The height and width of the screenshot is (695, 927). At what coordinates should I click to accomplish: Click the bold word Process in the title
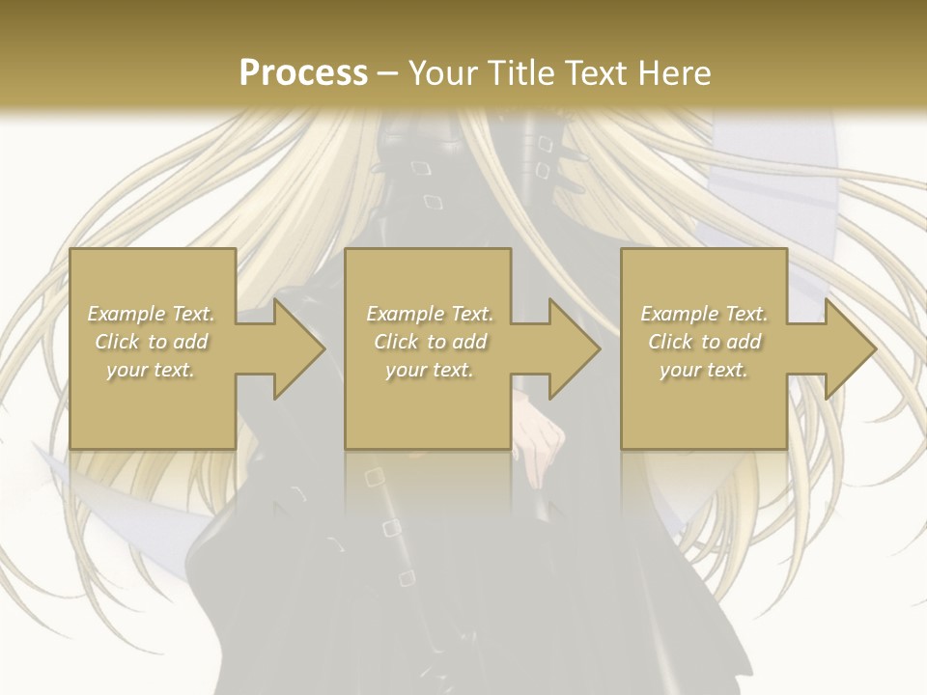(303, 73)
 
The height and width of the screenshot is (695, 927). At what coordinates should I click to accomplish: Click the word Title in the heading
(520, 73)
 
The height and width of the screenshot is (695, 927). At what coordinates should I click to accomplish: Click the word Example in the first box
(125, 314)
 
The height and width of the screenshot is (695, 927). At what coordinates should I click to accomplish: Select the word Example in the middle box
(404, 314)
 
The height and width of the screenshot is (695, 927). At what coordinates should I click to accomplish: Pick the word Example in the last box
(678, 314)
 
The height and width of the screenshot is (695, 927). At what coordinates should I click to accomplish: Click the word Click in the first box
(117, 342)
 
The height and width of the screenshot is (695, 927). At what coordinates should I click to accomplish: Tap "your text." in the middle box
(429, 370)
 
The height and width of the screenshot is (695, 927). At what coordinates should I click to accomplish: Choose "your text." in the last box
(703, 370)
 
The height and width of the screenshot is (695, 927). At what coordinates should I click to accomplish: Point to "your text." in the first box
(151, 370)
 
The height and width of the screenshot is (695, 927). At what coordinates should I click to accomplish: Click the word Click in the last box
(670, 342)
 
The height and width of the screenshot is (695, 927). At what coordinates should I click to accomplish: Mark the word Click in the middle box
(396, 342)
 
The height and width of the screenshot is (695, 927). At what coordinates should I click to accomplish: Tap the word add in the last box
(742, 342)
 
